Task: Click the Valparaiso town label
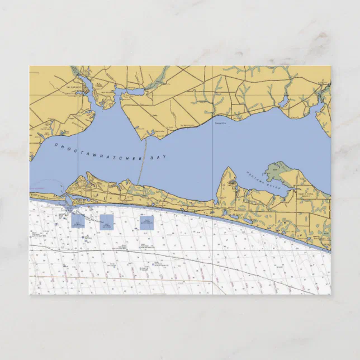[x=74, y=88]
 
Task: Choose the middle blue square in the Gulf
[x=106, y=222]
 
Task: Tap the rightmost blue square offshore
[x=146, y=222]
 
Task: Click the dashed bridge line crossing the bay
[x=143, y=162]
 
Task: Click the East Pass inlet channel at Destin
[x=67, y=201]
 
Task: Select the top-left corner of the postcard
[x=30, y=66]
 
